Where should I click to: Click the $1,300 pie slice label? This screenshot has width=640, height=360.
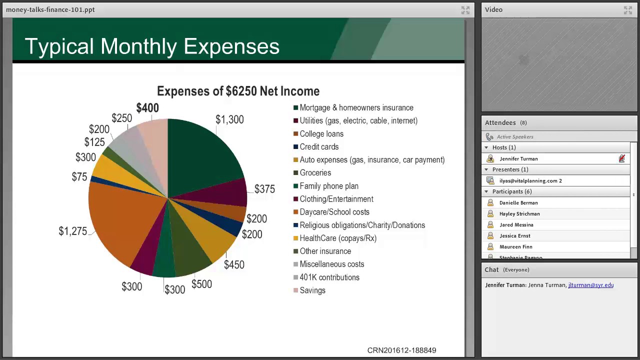pyautogui.click(x=229, y=119)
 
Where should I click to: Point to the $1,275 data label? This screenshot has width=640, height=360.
pyautogui.click(x=73, y=231)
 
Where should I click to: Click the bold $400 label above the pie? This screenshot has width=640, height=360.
pyautogui.click(x=147, y=108)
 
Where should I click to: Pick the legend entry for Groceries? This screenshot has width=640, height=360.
pyautogui.click(x=315, y=173)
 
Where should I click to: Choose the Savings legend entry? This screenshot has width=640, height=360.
pyautogui.click(x=312, y=290)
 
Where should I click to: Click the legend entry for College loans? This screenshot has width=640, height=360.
pyautogui.click(x=321, y=134)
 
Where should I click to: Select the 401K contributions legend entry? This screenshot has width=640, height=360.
pyautogui.click(x=329, y=277)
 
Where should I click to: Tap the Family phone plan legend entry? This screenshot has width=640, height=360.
pyautogui.click(x=328, y=186)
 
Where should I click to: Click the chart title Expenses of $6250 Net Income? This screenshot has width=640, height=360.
pyautogui.click(x=238, y=91)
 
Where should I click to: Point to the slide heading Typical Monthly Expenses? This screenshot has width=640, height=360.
pyautogui.click(x=152, y=46)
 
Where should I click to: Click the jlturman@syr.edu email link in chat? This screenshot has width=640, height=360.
pyautogui.click(x=590, y=285)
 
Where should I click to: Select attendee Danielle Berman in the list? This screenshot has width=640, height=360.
pyautogui.click(x=518, y=203)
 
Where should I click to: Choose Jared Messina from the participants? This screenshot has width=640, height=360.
pyautogui.click(x=516, y=225)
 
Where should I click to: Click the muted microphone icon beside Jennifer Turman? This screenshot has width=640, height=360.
pyautogui.click(x=621, y=158)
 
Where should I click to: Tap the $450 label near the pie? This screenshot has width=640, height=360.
pyautogui.click(x=234, y=265)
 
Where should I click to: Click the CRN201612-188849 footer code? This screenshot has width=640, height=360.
pyautogui.click(x=401, y=350)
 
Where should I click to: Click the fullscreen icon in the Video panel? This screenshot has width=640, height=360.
pyautogui.click(x=628, y=10)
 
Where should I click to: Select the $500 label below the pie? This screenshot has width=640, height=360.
pyautogui.click(x=201, y=284)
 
